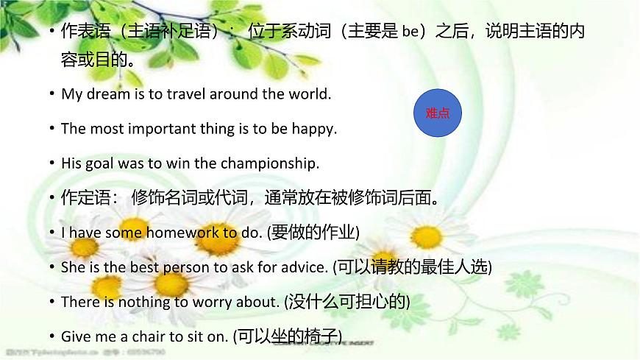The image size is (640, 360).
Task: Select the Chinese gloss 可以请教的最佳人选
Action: click(x=413, y=267)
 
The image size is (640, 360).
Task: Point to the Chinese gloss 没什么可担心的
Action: click(x=347, y=301)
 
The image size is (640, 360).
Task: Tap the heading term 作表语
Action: click(x=79, y=32)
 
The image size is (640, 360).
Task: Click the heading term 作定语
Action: click(x=79, y=197)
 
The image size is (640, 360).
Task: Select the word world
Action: click(x=313, y=95)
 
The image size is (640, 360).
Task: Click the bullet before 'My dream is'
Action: click(x=51, y=95)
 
